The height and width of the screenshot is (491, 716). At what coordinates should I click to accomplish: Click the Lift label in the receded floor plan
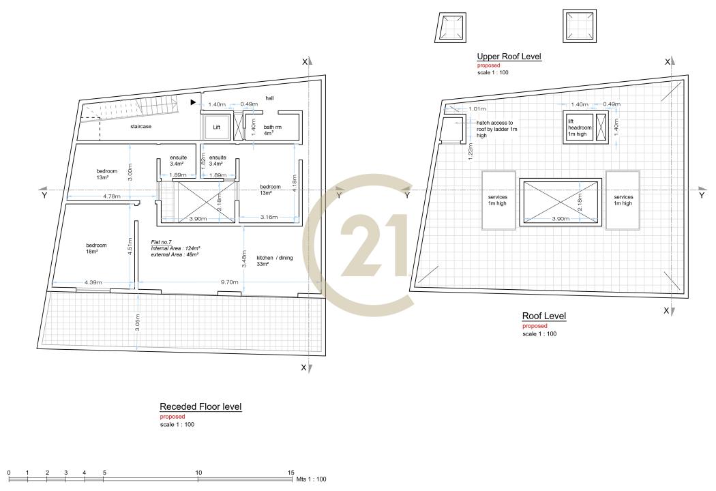coord(216,128)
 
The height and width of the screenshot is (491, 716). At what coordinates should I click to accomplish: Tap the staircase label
coord(140,127)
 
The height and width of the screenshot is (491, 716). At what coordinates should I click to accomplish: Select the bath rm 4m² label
coord(272,130)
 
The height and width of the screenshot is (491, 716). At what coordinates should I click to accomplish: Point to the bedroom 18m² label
coord(96,248)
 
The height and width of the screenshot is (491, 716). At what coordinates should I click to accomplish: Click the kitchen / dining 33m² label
coord(274,261)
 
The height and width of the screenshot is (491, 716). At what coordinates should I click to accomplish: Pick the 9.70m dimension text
coord(229,282)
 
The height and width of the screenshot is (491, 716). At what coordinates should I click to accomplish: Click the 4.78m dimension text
coord(111,196)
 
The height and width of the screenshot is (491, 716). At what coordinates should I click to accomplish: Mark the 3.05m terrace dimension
coord(138,323)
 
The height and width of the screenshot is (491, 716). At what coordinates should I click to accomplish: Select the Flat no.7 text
coord(161,242)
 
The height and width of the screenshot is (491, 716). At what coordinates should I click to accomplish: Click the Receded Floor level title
coord(200,406)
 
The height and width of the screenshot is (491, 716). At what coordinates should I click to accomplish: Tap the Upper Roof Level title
coord(509,56)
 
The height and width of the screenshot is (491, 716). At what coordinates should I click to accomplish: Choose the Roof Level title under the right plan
coord(544,316)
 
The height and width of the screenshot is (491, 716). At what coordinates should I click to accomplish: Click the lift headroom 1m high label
coord(580,128)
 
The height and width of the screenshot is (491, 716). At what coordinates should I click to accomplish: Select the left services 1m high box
coord(498,200)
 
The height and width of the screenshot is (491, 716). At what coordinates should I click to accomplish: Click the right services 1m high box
coord(623,200)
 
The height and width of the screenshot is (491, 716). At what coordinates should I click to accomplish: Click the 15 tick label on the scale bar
coord(291,473)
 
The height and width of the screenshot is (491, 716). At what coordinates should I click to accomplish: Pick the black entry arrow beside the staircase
coord(193,102)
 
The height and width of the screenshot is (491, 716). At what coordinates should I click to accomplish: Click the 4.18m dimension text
coord(295,183)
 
